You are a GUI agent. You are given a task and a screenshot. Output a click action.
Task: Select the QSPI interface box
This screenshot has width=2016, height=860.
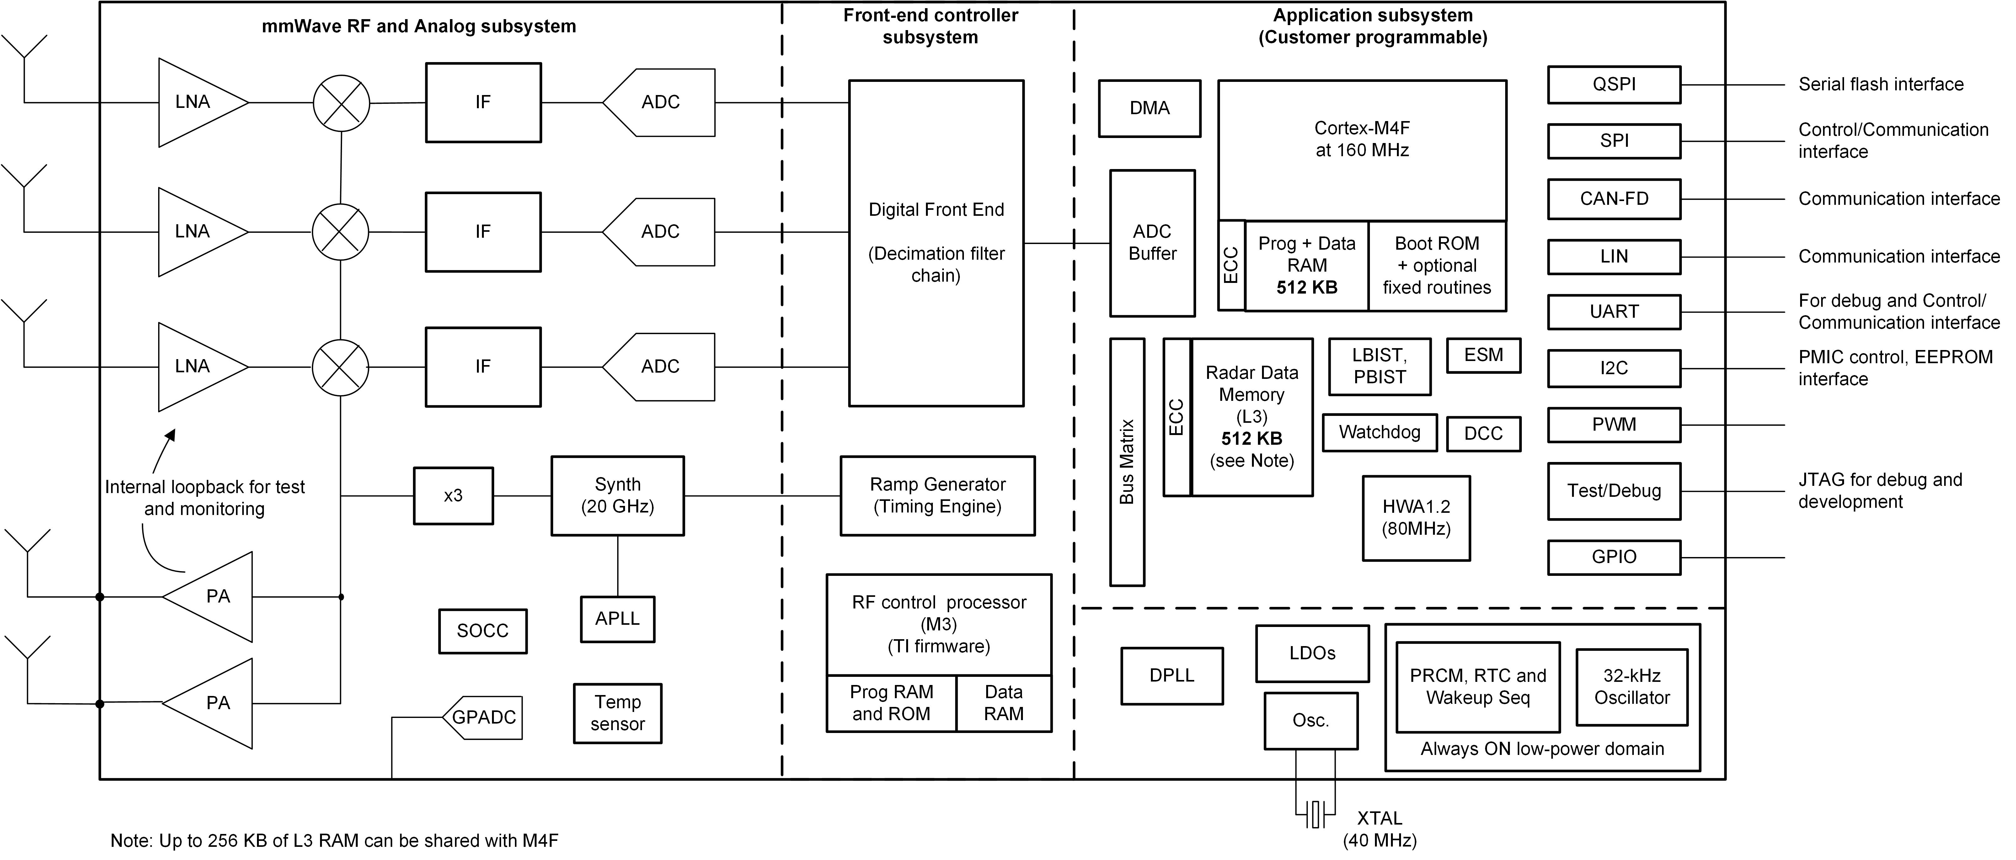(1614, 84)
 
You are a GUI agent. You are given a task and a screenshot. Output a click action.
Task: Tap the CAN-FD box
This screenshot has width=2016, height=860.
(1614, 199)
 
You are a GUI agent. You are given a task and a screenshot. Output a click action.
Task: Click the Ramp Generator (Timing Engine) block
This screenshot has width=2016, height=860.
(938, 495)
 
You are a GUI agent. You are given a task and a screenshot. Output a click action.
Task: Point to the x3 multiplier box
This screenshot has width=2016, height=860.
(453, 495)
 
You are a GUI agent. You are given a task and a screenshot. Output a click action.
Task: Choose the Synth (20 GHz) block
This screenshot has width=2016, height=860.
(618, 495)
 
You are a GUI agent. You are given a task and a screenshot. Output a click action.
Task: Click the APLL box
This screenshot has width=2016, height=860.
(618, 619)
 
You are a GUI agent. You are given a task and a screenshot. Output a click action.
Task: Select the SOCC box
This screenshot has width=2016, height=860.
(483, 631)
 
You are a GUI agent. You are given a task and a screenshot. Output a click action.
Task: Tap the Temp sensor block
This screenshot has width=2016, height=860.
(618, 713)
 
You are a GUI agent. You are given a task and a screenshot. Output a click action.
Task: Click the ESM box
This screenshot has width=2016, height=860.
(1483, 355)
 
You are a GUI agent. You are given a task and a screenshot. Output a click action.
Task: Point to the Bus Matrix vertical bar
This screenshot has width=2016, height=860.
(1127, 462)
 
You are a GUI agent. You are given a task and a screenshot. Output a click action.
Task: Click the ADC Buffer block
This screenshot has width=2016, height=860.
(1152, 242)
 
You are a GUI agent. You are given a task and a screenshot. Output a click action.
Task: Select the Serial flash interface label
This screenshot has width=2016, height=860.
(1881, 84)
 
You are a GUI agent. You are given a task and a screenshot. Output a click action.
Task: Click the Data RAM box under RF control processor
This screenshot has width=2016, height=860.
(1003, 703)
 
